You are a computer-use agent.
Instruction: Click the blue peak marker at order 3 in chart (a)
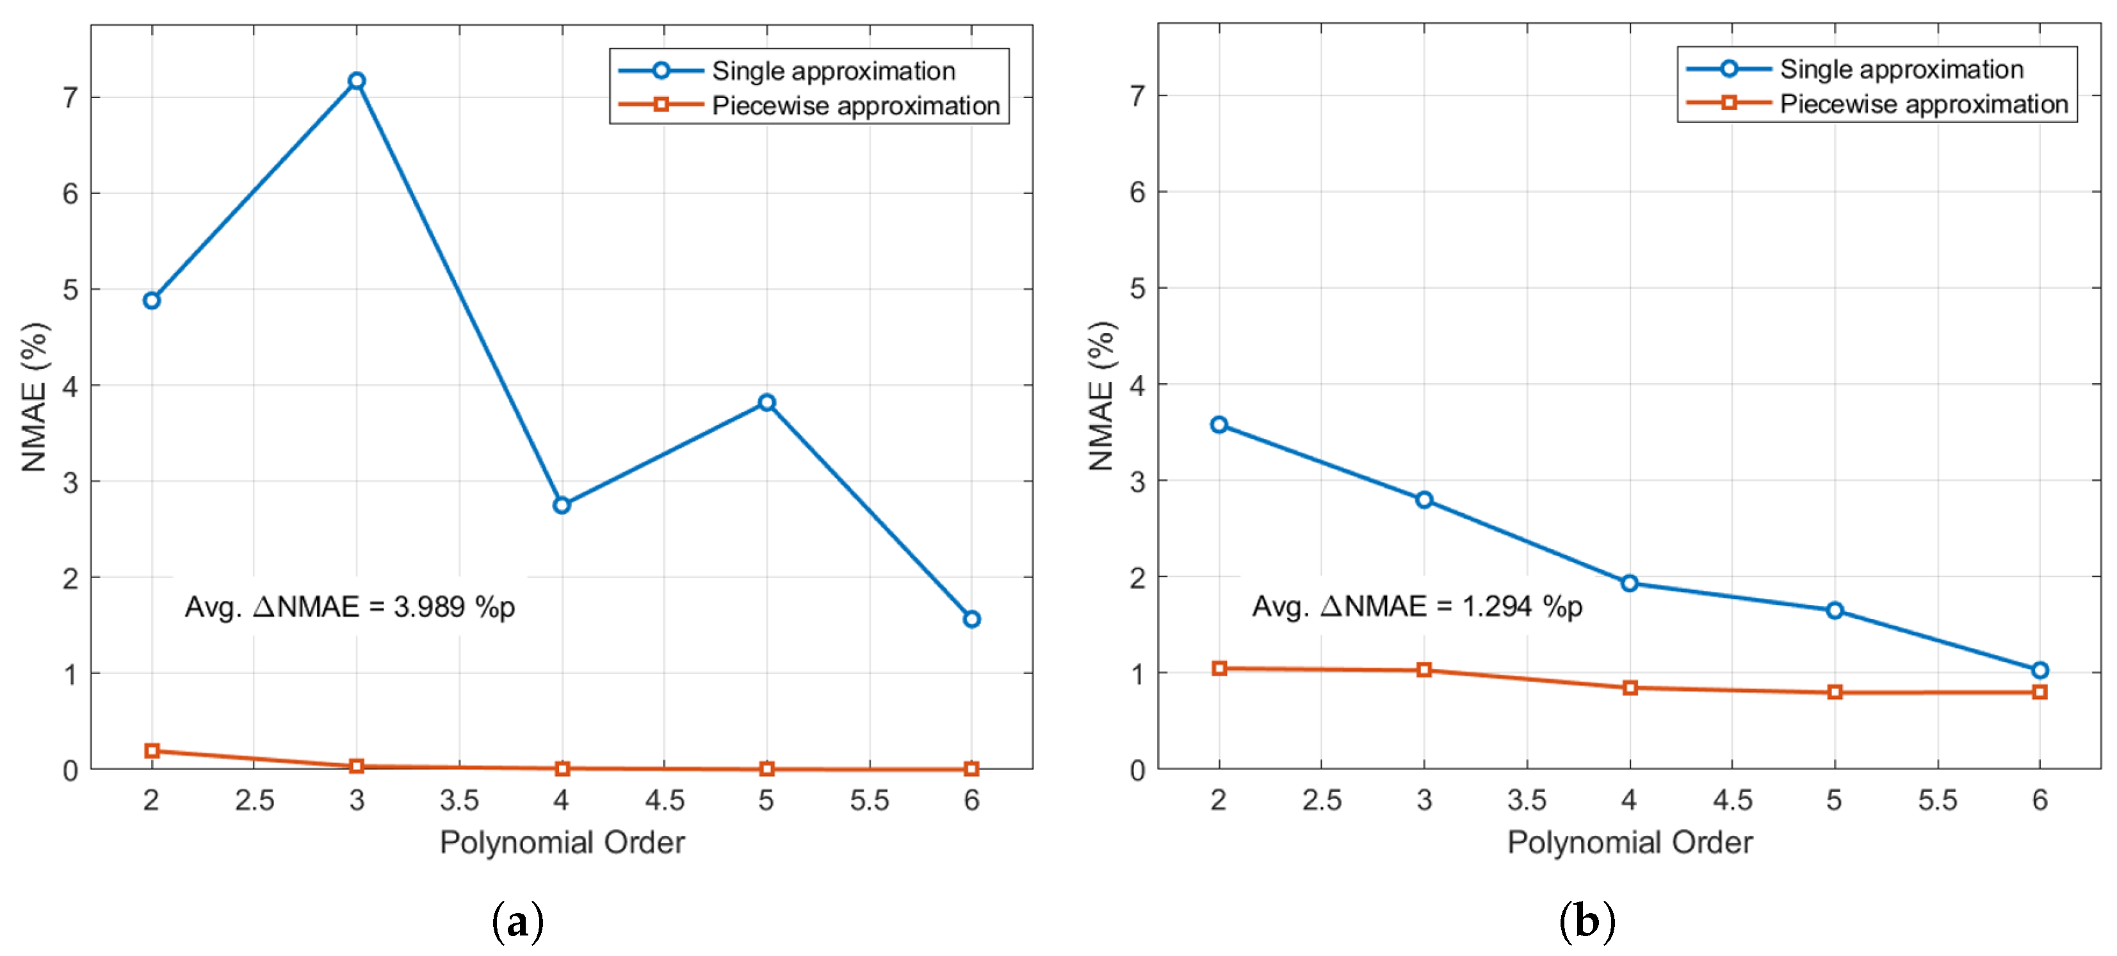click(x=357, y=81)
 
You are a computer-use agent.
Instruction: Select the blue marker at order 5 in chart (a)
click(x=766, y=402)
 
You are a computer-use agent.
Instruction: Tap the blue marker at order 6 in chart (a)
click(x=971, y=619)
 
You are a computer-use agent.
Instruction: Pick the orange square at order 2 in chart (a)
click(x=152, y=750)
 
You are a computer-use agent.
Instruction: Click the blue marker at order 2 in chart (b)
click(x=1219, y=424)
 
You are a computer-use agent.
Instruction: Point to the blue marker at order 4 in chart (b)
click(x=1630, y=583)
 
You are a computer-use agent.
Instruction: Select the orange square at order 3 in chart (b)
click(x=1424, y=670)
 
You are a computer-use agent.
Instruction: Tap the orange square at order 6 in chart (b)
click(x=2040, y=692)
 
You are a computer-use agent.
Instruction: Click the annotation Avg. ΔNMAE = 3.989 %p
click(x=350, y=607)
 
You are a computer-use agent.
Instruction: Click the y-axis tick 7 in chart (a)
click(x=70, y=98)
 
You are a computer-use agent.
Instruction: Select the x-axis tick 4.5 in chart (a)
click(x=664, y=800)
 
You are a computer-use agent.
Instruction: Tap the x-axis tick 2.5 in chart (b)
click(x=1322, y=800)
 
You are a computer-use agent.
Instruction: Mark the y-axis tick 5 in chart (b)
click(x=1137, y=288)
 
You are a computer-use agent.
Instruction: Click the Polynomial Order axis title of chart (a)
click(x=562, y=843)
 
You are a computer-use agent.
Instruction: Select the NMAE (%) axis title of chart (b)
click(x=1101, y=396)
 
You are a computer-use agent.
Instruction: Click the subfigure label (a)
click(x=518, y=921)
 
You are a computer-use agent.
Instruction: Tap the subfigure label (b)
click(x=1587, y=921)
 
